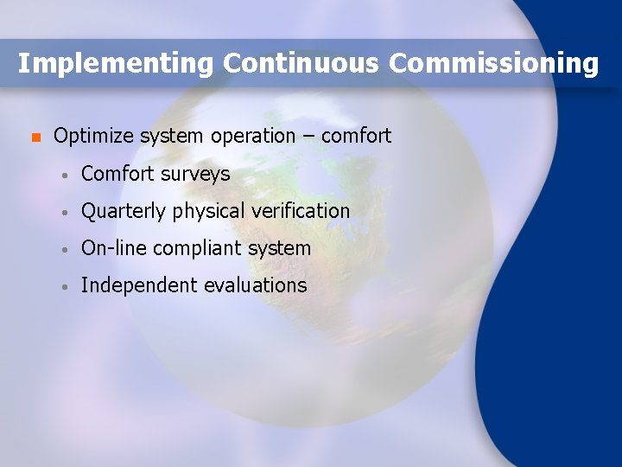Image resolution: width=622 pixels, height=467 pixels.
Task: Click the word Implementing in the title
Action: click(116, 64)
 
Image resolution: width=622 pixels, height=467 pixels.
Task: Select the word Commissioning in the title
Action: click(493, 64)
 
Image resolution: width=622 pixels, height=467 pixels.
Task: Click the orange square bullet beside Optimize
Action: click(35, 138)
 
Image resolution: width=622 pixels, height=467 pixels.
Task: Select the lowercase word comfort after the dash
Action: click(356, 136)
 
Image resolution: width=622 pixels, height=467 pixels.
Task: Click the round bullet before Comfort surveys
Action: click(65, 175)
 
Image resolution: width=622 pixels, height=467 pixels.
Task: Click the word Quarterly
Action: click(124, 211)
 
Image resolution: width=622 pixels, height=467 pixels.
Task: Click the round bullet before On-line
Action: click(65, 250)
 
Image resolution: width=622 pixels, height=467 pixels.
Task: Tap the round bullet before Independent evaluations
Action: click(65, 287)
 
